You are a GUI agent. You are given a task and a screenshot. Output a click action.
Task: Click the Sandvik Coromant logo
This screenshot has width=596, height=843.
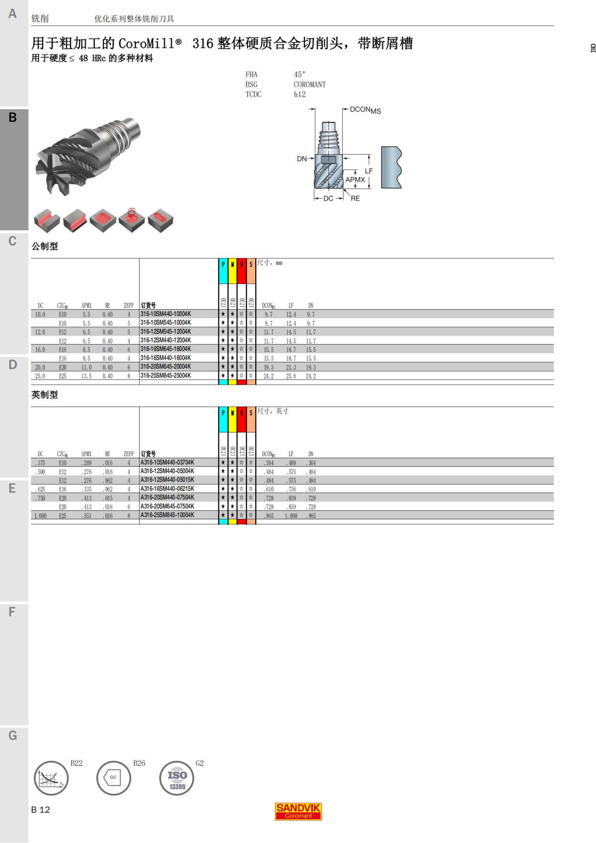(298, 811)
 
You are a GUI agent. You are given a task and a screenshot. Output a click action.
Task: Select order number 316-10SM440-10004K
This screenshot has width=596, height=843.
(165, 314)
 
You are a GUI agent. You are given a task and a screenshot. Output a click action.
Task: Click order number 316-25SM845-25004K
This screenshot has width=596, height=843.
(165, 376)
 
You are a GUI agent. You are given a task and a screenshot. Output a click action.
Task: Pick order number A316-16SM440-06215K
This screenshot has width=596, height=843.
(167, 489)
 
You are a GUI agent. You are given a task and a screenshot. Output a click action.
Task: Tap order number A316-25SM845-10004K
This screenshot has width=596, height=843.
(167, 515)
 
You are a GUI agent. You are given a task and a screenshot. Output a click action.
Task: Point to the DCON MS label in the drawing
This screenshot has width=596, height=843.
(365, 110)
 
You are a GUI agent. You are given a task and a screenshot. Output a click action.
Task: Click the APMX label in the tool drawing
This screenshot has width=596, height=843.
(355, 180)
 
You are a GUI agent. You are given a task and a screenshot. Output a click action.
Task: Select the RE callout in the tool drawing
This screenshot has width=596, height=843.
(355, 199)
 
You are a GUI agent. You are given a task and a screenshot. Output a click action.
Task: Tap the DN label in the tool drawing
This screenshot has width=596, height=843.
(301, 159)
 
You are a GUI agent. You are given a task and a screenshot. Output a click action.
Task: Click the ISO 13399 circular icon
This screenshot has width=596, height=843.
(177, 778)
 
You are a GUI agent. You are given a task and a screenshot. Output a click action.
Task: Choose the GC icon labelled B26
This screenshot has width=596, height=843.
(114, 778)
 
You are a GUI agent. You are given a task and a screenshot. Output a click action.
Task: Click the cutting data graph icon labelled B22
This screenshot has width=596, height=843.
(51, 778)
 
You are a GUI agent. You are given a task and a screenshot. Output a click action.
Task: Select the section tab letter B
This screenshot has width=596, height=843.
(13, 118)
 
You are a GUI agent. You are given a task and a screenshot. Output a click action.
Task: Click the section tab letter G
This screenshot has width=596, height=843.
(13, 735)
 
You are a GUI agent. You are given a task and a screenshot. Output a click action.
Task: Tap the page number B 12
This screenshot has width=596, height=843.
(41, 810)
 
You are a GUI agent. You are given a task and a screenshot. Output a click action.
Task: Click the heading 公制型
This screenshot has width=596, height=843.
(45, 246)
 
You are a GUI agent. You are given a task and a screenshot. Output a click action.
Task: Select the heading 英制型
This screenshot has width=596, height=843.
(45, 395)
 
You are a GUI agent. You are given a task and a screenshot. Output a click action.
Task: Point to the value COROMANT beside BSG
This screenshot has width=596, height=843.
(309, 84)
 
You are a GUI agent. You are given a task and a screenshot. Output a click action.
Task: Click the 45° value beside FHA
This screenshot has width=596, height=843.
(299, 74)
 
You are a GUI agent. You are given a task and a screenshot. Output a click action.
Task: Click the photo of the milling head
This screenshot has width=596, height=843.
(87, 154)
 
